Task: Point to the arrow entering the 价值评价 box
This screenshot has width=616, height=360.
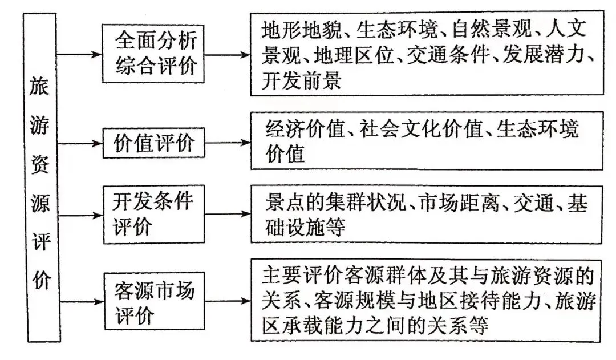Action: (80, 143)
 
